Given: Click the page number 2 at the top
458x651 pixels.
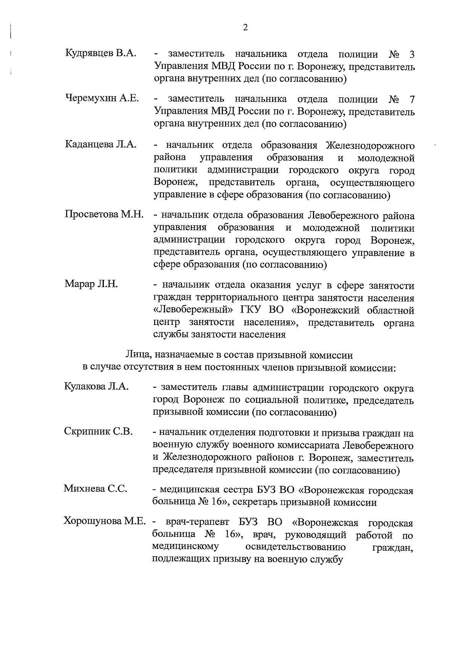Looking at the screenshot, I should (x=245, y=28).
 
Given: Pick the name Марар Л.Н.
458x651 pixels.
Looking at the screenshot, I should (x=91, y=284).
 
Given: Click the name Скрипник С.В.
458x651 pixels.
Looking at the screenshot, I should (x=98, y=431).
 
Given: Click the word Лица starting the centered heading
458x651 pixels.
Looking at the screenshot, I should (x=135, y=355).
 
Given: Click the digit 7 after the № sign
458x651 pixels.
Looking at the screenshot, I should (x=411, y=100).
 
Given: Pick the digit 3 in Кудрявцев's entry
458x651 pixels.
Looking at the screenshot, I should (x=411, y=55).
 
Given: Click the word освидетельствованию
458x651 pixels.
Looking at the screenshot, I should (x=296, y=547).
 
